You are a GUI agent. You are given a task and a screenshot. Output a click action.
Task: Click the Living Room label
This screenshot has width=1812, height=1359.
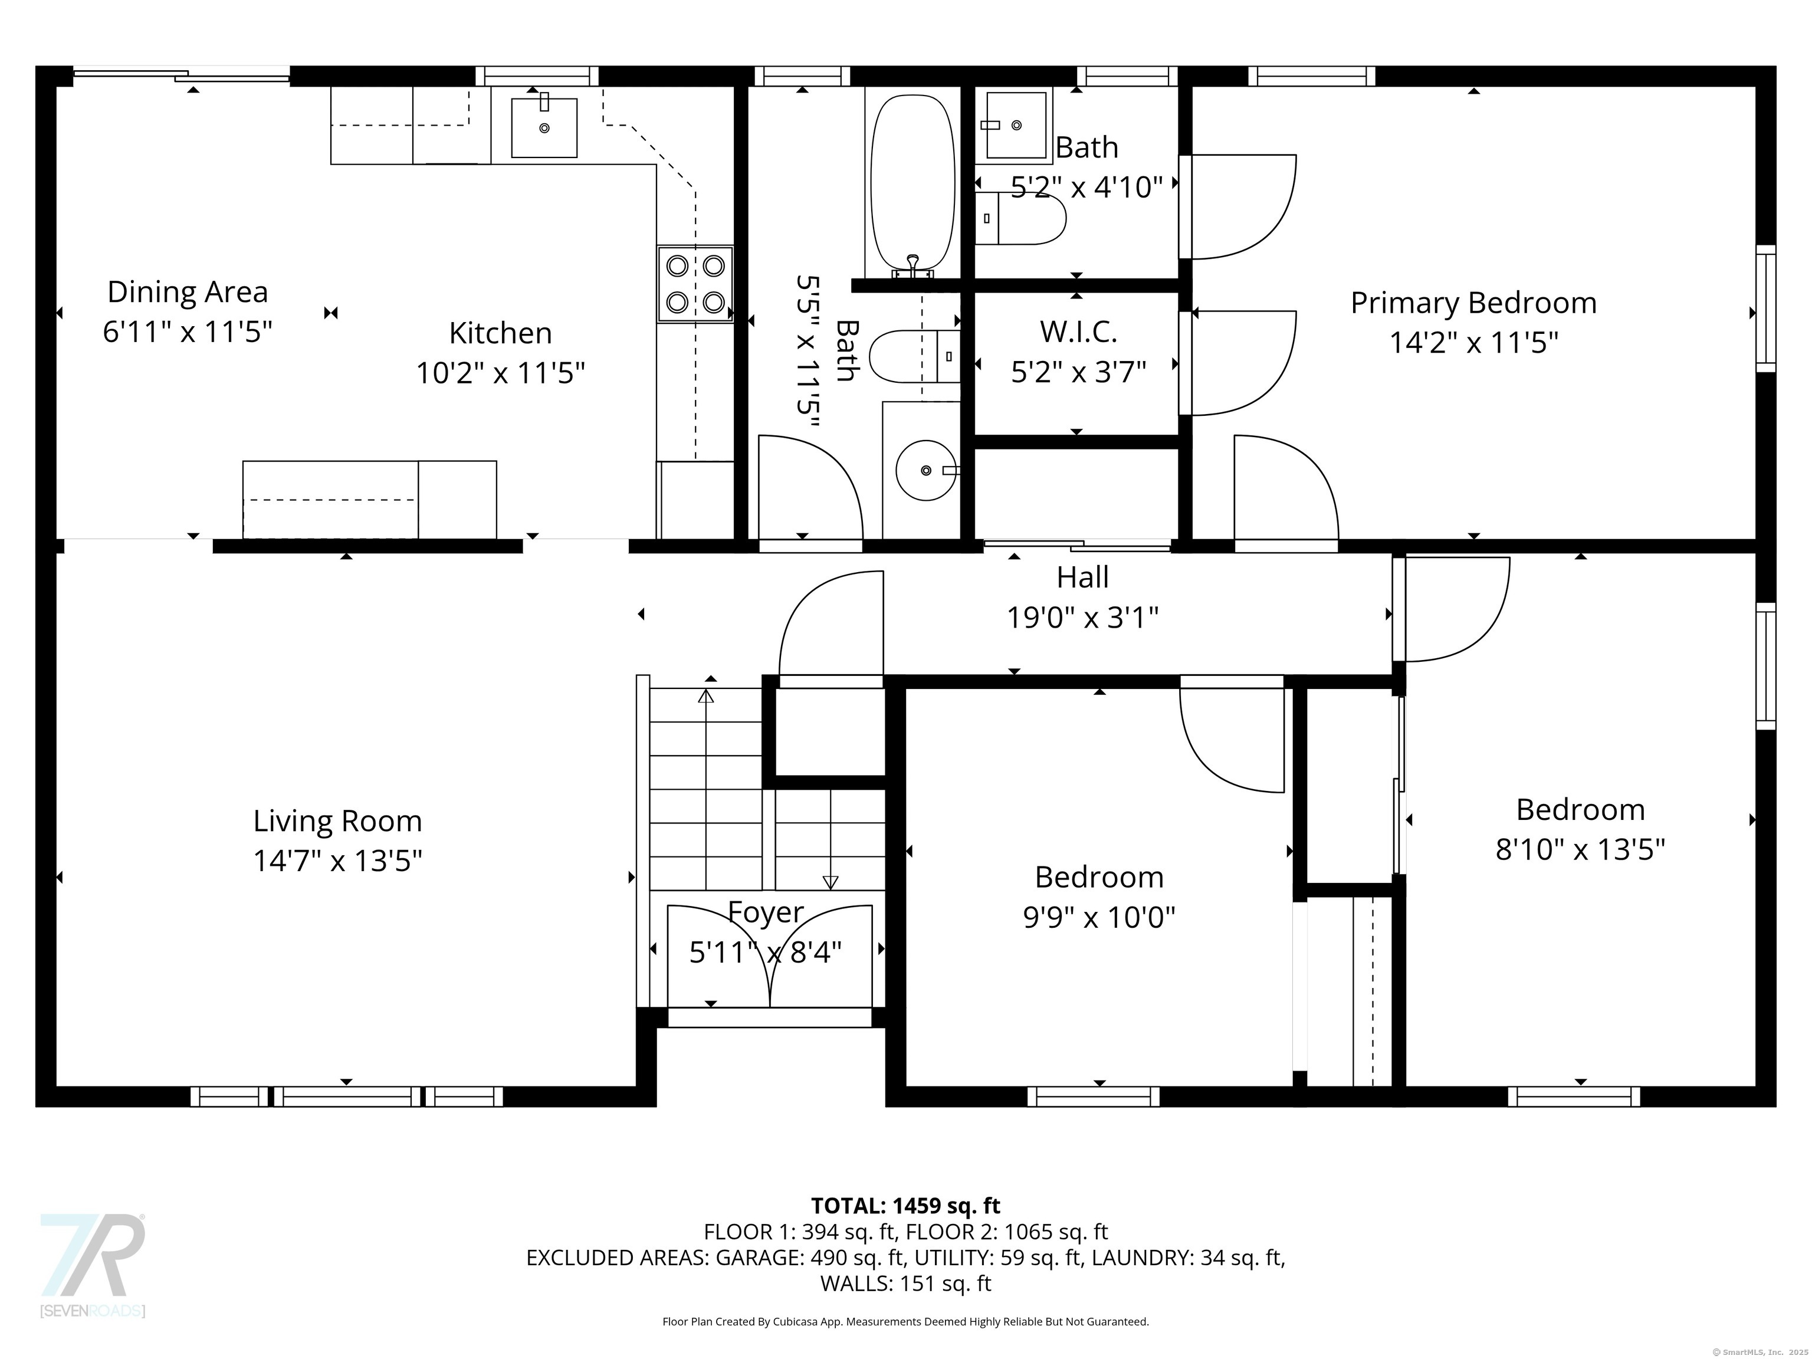pyautogui.click(x=337, y=821)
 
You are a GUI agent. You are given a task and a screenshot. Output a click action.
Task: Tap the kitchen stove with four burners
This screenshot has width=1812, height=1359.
pyautogui.click(x=695, y=284)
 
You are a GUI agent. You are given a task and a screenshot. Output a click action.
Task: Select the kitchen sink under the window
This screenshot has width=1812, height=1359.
pyautogui.click(x=544, y=127)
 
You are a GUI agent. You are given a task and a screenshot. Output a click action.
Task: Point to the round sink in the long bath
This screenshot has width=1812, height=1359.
pyautogui.click(x=925, y=470)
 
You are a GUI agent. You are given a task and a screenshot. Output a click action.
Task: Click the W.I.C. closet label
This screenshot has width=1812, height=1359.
pyautogui.click(x=1078, y=331)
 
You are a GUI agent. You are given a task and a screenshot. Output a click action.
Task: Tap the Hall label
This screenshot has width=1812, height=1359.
pyautogui.click(x=1082, y=577)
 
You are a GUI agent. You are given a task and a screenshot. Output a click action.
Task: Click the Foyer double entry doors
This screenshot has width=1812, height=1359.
pyautogui.click(x=769, y=955)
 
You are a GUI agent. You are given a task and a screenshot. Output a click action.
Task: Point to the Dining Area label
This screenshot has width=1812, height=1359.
pyautogui.click(x=188, y=291)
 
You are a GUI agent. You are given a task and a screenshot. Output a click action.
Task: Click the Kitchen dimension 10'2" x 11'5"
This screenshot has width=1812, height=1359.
pyautogui.click(x=501, y=373)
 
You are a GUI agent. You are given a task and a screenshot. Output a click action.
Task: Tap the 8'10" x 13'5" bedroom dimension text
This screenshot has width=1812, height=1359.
pyautogui.click(x=1580, y=849)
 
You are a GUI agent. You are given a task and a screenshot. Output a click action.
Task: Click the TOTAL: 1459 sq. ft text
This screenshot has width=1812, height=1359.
pyautogui.click(x=905, y=1206)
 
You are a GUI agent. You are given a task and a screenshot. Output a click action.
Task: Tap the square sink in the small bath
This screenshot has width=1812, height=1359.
pyautogui.click(x=1016, y=125)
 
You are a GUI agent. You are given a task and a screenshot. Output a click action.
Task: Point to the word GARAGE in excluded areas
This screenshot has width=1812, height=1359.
pyautogui.click(x=759, y=1258)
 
